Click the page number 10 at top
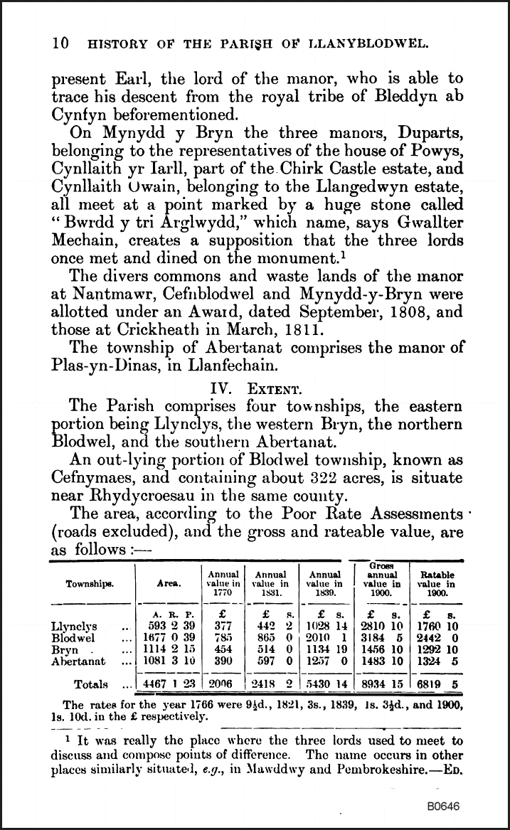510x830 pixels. coord(60,43)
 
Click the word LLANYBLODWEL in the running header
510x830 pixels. coord(374,43)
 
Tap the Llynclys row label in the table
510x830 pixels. coord(75,627)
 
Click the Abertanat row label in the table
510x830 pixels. coord(79,661)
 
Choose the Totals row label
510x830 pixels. coord(90,684)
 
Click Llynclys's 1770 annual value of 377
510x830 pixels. coord(223,627)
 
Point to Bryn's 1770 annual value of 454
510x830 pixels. coord(223,649)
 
